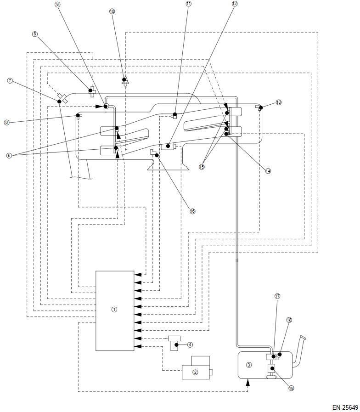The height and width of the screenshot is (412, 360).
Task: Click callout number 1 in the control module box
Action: tap(114, 310)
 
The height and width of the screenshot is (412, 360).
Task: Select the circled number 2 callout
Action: tap(195, 372)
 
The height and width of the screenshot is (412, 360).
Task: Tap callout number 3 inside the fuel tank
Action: tap(249, 365)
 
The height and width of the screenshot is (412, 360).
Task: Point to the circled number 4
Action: tap(190, 344)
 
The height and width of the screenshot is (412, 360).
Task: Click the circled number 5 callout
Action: tap(9, 155)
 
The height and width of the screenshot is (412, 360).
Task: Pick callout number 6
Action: tap(6, 122)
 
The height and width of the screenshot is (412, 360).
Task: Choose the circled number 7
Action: tap(10, 81)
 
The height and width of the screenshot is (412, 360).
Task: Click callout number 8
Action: tap(35, 34)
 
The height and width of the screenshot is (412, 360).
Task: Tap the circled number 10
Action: tap(112, 11)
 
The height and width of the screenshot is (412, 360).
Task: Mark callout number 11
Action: tap(189, 4)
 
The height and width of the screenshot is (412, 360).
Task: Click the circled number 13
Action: tap(278, 102)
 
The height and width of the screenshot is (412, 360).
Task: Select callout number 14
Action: tap(268, 170)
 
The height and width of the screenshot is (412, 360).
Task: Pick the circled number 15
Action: tap(202, 167)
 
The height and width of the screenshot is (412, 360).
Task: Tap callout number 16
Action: tap(192, 211)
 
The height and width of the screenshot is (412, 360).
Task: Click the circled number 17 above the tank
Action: tap(277, 296)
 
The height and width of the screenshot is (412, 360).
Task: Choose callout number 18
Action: tap(289, 320)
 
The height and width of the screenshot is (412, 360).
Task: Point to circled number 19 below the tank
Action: tap(291, 388)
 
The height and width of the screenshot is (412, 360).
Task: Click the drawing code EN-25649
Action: tap(344, 407)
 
